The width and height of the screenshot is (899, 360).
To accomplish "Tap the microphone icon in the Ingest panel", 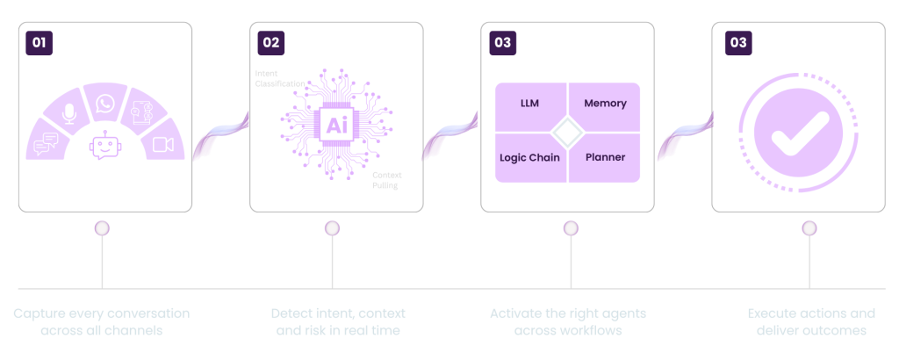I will pyautogui.click(x=69, y=113).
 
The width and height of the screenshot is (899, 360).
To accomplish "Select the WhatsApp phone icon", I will pyautogui.click(x=105, y=104).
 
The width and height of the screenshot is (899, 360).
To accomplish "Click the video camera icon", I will pyautogui.click(x=163, y=145).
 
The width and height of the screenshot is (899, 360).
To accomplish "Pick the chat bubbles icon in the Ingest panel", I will pyautogui.click(x=47, y=145).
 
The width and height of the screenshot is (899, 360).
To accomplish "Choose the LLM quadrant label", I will pyautogui.click(x=529, y=104).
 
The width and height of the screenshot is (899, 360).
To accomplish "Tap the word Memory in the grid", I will pyautogui.click(x=605, y=104).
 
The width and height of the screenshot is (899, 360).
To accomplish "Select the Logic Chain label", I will pyautogui.click(x=529, y=157).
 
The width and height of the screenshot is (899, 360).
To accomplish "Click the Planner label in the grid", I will pyautogui.click(x=605, y=157).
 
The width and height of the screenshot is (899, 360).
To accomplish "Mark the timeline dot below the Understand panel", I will pyautogui.click(x=332, y=229).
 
